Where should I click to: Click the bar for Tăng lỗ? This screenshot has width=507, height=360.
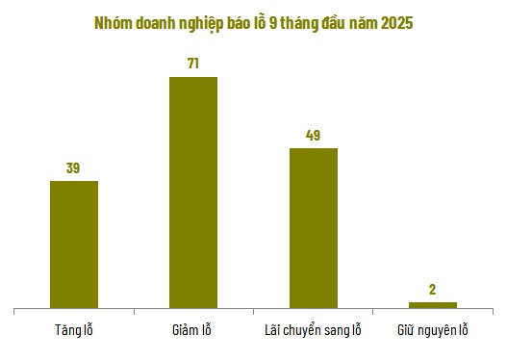click(x=74, y=244)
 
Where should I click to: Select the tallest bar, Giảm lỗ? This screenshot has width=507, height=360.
click(x=193, y=193)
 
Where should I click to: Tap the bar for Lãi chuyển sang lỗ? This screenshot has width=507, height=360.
click(x=313, y=228)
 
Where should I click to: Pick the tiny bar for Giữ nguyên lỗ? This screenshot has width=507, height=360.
click(x=432, y=305)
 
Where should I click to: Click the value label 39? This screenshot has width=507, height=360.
click(x=73, y=168)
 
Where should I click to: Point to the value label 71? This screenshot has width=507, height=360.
click(x=193, y=64)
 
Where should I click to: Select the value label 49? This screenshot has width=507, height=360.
click(x=313, y=136)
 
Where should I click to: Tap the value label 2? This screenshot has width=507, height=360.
click(x=432, y=290)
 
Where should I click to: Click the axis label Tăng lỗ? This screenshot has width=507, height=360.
click(x=74, y=331)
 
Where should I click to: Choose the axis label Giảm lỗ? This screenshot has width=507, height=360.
click(x=193, y=331)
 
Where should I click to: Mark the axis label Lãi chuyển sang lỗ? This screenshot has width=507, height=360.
click(x=313, y=331)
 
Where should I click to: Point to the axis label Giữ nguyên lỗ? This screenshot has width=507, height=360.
click(x=432, y=331)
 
